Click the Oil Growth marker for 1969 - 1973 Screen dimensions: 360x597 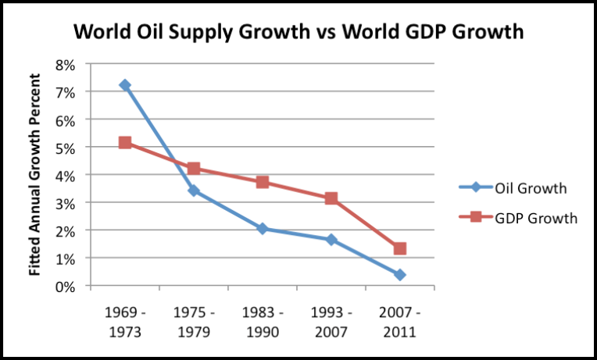(x=125, y=84)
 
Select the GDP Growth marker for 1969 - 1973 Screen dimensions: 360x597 (x=125, y=142)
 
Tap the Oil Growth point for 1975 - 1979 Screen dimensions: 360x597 (x=194, y=191)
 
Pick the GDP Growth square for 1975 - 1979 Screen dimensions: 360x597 (x=194, y=169)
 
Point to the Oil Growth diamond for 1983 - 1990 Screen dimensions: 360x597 (x=263, y=229)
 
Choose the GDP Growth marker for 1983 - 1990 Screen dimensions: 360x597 (x=263, y=182)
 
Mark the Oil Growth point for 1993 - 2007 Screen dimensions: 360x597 (x=331, y=239)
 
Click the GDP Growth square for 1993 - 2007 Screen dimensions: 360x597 (x=331, y=198)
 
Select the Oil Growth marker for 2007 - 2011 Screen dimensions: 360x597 (x=400, y=275)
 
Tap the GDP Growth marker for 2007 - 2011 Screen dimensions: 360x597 (x=400, y=248)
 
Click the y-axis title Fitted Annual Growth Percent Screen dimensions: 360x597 (x=35, y=173)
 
